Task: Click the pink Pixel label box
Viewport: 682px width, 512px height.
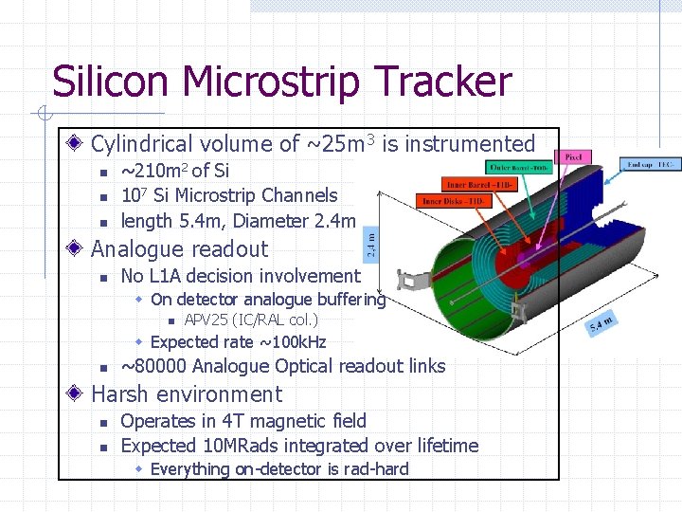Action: coord(574,155)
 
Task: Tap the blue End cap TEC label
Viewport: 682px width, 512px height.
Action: coord(651,164)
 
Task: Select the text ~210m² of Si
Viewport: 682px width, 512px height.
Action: coord(174,171)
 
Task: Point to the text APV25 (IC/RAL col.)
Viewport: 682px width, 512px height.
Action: coord(250,320)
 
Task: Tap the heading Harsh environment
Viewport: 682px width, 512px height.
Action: coord(187,394)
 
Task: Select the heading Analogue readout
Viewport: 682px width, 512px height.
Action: coord(179,249)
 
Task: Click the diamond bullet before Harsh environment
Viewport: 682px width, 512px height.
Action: coord(77,394)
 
